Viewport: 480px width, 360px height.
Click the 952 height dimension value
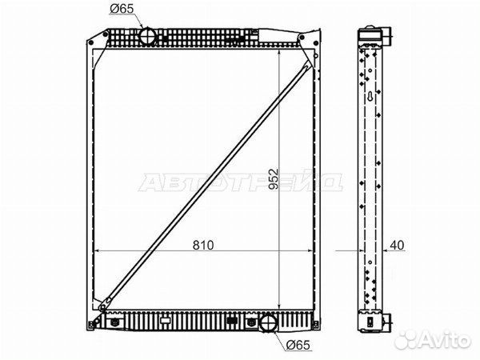[274, 178]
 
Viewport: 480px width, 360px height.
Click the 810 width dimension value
[203, 246]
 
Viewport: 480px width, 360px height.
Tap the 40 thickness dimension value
[397, 246]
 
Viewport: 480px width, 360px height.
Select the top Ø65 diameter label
[122, 9]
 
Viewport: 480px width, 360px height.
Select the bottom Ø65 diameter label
[298, 345]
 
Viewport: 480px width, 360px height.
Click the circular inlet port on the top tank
[148, 36]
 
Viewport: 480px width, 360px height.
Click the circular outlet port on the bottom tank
[269, 322]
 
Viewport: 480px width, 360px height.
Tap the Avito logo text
[446, 340]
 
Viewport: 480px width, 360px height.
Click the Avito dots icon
[407, 339]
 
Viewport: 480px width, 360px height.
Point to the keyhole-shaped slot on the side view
[370, 97]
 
